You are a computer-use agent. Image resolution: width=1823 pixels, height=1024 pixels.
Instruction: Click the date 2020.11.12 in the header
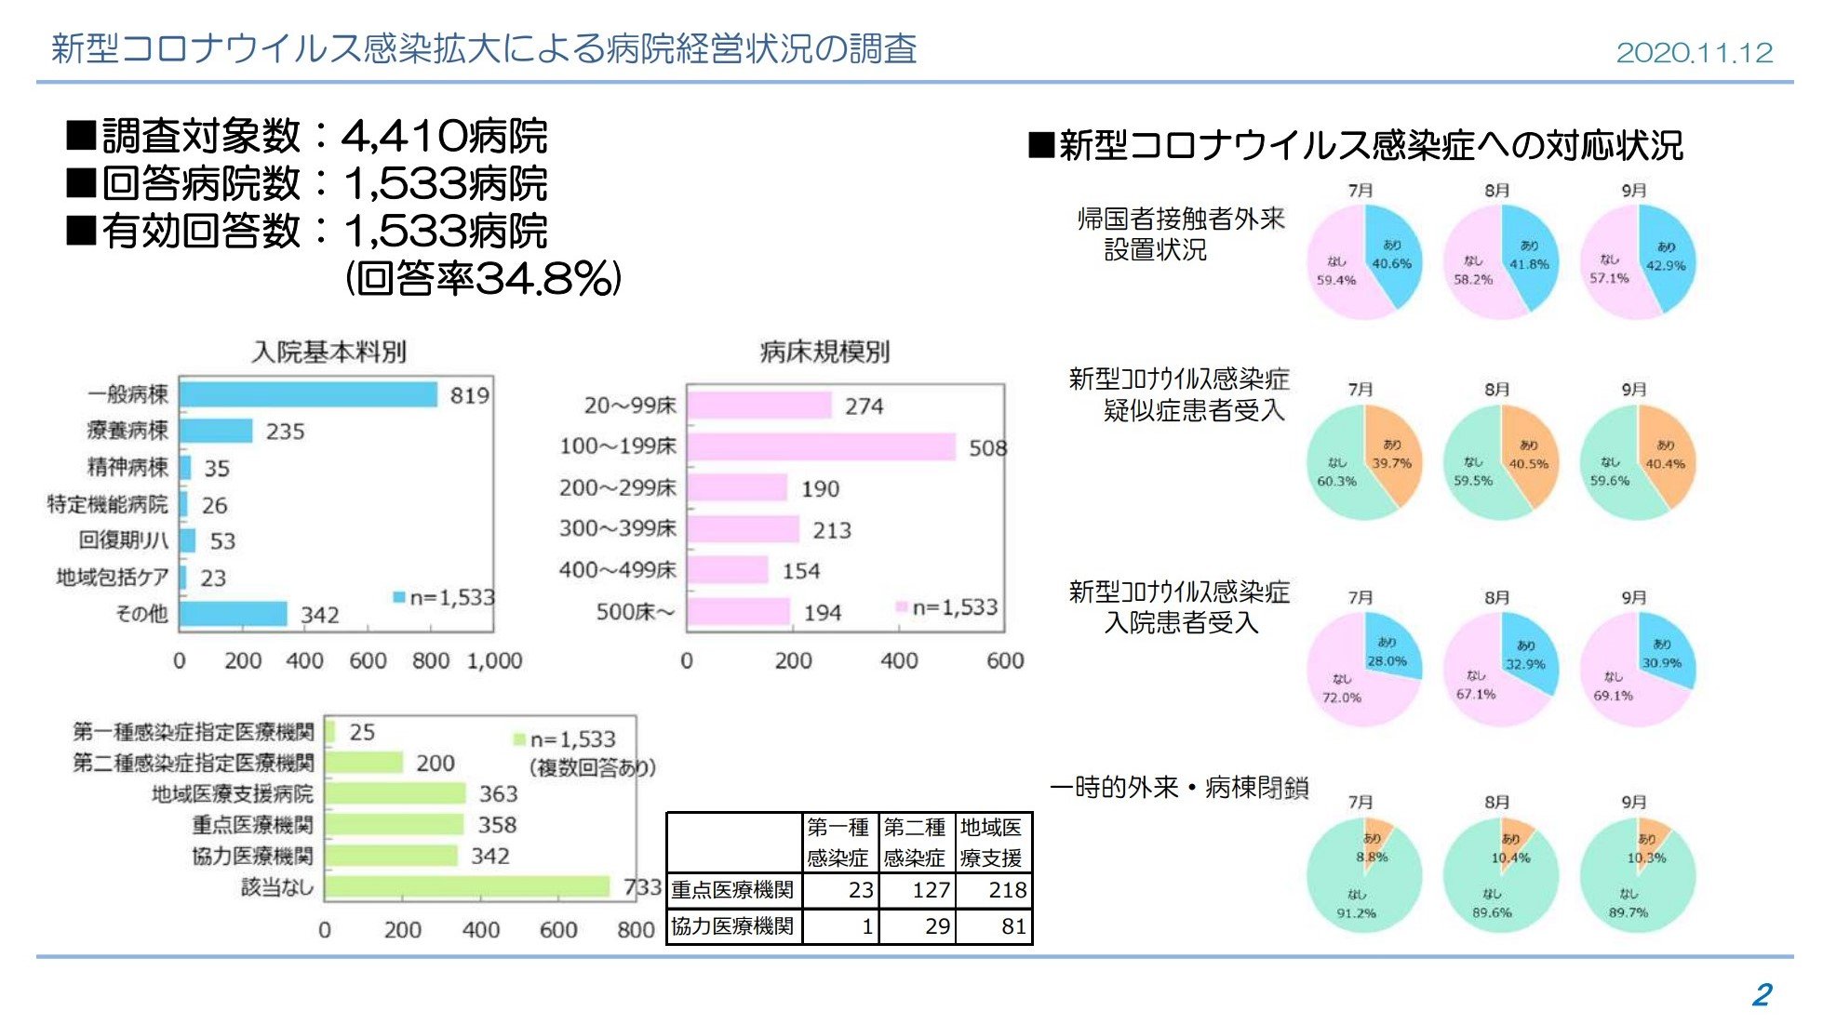coord(1694,52)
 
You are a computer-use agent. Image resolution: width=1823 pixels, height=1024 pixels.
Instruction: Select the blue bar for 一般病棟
coord(308,394)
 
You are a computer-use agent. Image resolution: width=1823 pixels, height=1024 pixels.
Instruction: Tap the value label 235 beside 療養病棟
coord(285,432)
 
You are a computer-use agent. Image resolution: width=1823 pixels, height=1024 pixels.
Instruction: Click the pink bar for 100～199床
coord(821,446)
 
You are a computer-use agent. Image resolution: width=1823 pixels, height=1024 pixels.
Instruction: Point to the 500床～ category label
coord(636,612)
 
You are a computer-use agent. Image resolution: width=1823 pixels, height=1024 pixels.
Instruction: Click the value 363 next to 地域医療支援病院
coord(498,794)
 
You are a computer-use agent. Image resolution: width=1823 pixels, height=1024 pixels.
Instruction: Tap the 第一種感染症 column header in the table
coord(838,842)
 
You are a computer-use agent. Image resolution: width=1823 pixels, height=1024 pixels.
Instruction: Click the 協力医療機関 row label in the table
coord(733,926)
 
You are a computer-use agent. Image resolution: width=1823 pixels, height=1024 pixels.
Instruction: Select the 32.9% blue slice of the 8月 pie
coord(1527,655)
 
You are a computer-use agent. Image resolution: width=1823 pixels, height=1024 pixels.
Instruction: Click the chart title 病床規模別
coord(824,352)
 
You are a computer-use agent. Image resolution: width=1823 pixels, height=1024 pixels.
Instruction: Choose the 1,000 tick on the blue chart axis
coord(494,661)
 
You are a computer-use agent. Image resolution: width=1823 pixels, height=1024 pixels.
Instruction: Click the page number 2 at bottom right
coord(1762,994)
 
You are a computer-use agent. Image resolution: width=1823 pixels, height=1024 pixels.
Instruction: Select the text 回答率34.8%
coord(483,278)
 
